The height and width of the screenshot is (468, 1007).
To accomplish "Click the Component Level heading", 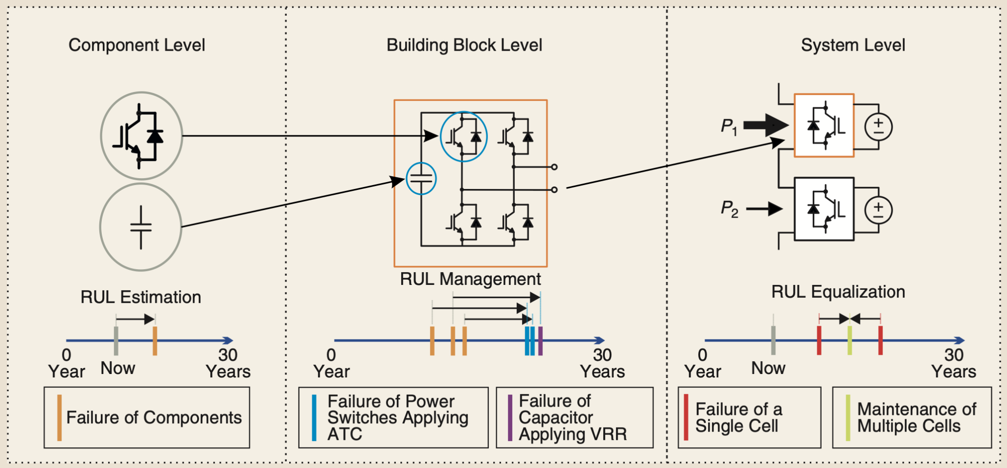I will tap(137, 45).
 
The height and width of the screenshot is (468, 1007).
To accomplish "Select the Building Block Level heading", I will tap(464, 45).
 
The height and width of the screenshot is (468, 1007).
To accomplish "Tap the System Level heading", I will tap(853, 45).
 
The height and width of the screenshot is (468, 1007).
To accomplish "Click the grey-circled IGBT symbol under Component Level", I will tap(142, 135).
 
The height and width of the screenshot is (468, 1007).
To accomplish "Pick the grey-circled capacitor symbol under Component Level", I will tap(141, 227).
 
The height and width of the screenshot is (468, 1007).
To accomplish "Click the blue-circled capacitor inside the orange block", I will tap(421, 179).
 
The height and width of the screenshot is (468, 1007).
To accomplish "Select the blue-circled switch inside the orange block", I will tap(464, 136).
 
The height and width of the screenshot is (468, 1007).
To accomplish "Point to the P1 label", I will tap(729, 126).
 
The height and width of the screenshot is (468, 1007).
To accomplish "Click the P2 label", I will tap(729, 209).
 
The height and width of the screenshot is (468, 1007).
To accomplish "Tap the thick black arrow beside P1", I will tap(765, 125).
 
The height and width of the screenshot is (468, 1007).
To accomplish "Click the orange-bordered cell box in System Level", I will tap(824, 125).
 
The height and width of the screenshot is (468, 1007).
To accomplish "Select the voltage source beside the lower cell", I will tap(878, 210).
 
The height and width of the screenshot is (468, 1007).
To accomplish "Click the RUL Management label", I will tap(470, 279).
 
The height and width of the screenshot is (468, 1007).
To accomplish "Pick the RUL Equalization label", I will tap(838, 292).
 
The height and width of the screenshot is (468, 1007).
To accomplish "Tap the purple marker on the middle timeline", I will tap(540, 341).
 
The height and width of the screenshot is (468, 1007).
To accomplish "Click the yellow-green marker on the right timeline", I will tap(850, 341).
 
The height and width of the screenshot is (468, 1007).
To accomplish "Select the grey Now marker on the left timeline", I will tap(116, 341).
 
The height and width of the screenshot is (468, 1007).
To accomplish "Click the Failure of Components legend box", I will tap(147, 417).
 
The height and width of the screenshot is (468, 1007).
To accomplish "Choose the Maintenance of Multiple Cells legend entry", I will tap(912, 417).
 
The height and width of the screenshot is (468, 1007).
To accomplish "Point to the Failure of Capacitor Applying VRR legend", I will tap(574, 417).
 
